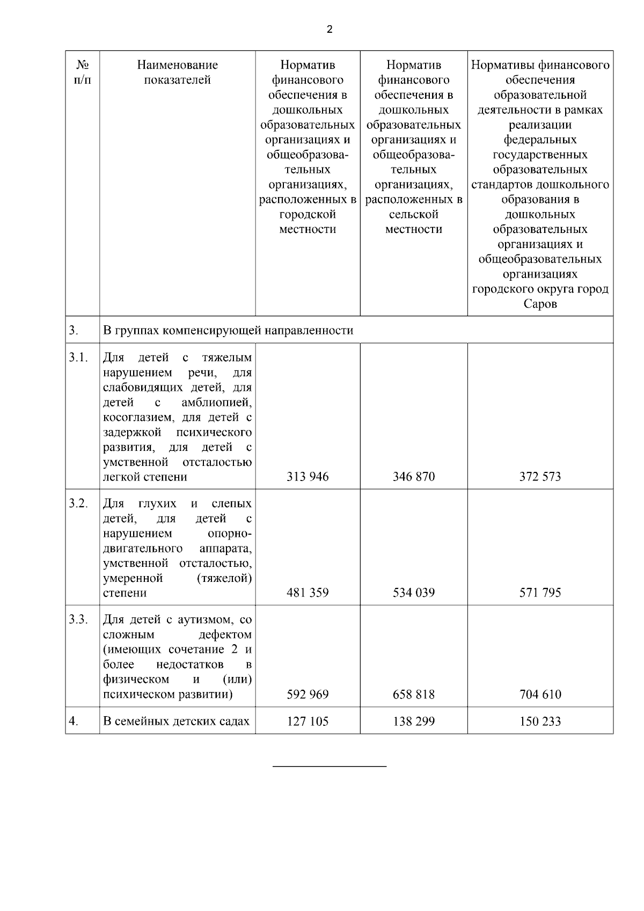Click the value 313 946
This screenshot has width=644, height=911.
click(x=308, y=477)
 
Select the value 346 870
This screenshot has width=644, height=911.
click(x=414, y=477)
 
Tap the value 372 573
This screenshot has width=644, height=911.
click(x=540, y=477)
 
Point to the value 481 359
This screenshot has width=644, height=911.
click(x=308, y=593)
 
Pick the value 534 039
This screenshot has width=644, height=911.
click(x=414, y=593)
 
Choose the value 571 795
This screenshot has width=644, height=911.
click(x=540, y=593)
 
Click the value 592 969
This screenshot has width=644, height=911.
click(x=308, y=695)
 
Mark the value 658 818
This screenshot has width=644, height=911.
click(x=414, y=695)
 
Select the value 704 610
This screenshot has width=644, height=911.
click(x=540, y=695)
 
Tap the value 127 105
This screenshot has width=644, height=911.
click(x=308, y=721)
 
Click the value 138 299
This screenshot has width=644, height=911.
click(x=414, y=721)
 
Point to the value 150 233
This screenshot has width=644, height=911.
click(x=540, y=721)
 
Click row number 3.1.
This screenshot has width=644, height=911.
click(x=78, y=358)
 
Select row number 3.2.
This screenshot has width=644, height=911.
click(x=78, y=504)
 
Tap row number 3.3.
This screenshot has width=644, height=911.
click(x=78, y=620)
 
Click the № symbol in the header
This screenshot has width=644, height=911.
click(x=82, y=65)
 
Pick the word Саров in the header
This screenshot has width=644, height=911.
click(x=540, y=304)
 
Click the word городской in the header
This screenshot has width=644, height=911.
click(x=308, y=215)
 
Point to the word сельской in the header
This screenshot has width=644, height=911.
click(x=414, y=215)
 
